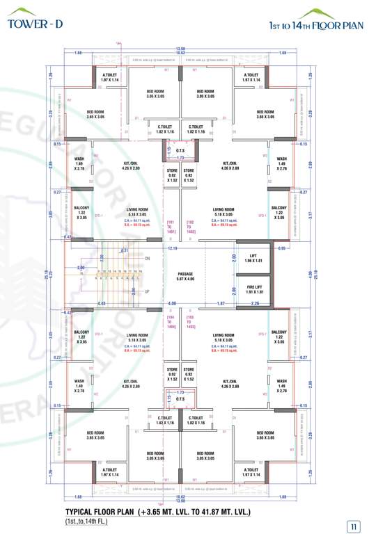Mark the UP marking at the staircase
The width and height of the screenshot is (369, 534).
(x=148, y=291)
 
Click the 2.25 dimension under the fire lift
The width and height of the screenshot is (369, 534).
(x=255, y=303)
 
